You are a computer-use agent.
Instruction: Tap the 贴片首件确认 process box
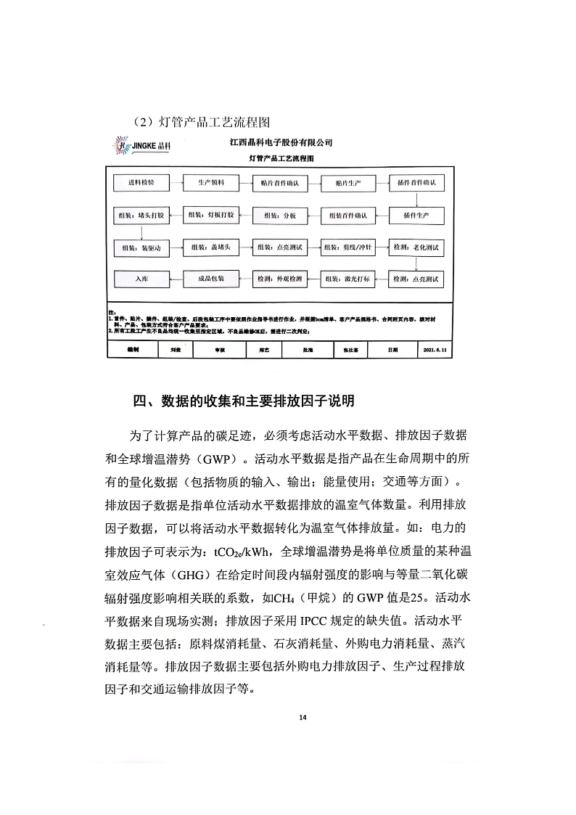coord(279,184)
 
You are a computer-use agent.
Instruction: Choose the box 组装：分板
coord(279,216)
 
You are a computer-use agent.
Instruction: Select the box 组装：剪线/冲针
coord(347,247)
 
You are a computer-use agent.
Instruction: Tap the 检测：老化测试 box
coord(416,247)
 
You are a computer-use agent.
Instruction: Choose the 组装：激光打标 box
coord(347,279)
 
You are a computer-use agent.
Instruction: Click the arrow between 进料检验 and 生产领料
coord(174,184)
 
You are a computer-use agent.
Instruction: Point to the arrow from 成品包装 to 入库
coord(174,279)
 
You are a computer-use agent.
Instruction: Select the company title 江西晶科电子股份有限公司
coord(280,143)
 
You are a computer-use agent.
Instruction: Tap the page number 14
coord(303,718)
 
